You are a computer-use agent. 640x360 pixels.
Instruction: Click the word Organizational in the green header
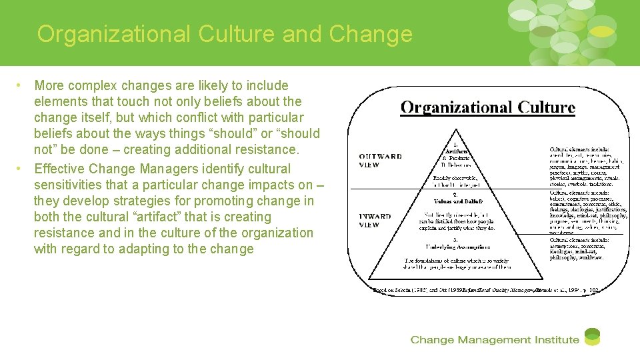[x=110, y=33]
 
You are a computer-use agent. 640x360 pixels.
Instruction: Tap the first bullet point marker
[x=21, y=85]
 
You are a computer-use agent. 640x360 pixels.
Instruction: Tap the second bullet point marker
[x=21, y=169]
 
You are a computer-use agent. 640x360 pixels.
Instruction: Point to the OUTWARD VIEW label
[x=381, y=161]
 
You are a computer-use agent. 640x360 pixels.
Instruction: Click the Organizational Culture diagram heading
[x=487, y=107]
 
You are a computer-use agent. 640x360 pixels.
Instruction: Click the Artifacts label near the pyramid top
[x=457, y=151]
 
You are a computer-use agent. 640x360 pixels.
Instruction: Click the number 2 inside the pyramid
[x=455, y=195]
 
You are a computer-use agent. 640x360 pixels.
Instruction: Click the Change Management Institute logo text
[x=494, y=340]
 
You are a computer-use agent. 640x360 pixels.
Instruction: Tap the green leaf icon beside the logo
[x=592, y=337]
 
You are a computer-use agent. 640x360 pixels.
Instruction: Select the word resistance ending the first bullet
[x=272, y=149]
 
